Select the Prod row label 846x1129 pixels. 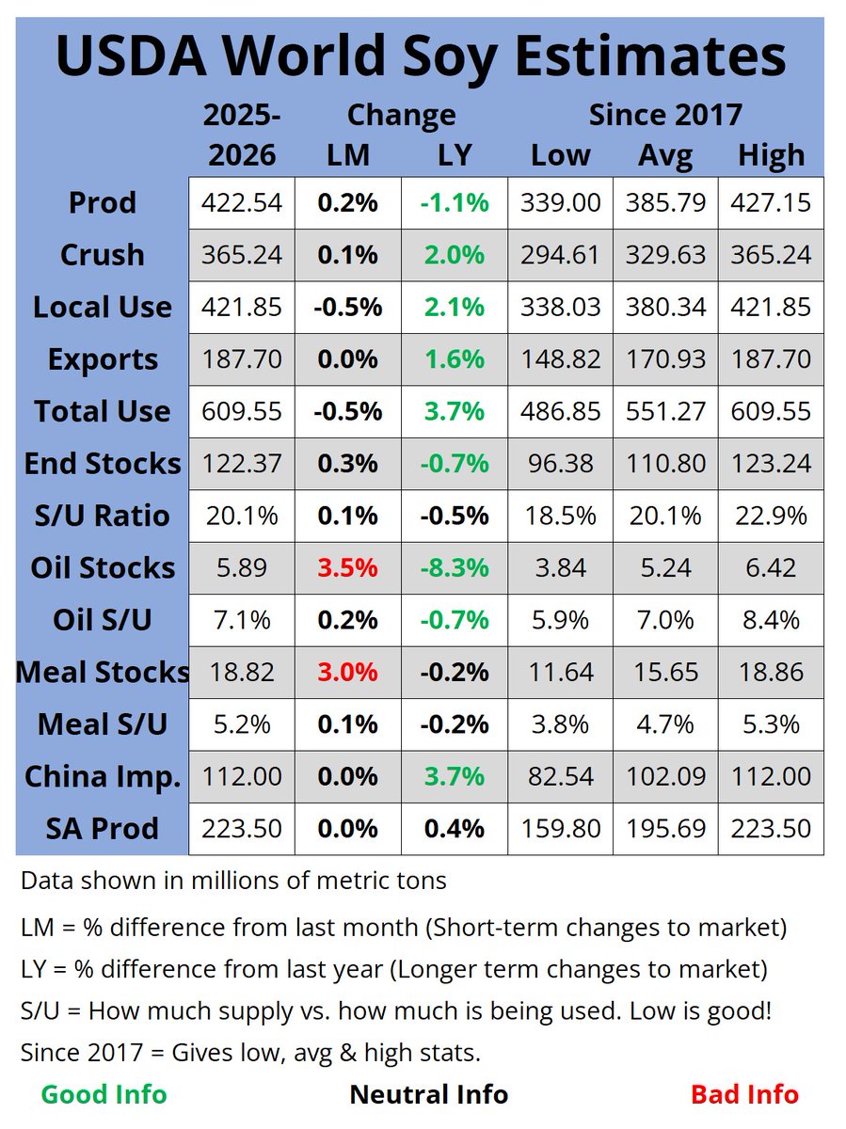pos(102,202)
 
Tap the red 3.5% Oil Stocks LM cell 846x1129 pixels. pos(348,567)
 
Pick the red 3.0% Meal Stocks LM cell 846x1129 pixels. pos(348,672)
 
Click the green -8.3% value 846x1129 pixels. pos(455,567)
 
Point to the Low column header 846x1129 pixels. pos(560,154)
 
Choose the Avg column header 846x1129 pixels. pos(665,154)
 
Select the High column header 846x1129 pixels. pos(771,154)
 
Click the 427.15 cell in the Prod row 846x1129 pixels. pos(771,202)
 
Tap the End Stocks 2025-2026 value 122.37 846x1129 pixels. pos(242,463)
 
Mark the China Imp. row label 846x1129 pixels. pos(102,776)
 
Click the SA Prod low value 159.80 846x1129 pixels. pos(560,829)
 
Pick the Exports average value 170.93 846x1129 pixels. pos(665,359)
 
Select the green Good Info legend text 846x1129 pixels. pos(104,1094)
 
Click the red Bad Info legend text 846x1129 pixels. pos(744,1094)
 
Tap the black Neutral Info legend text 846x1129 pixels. pos(428,1094)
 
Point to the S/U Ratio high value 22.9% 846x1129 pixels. pos(771,516)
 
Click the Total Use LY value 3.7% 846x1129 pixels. pos(455,411)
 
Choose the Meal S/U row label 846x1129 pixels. pos(102,724)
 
